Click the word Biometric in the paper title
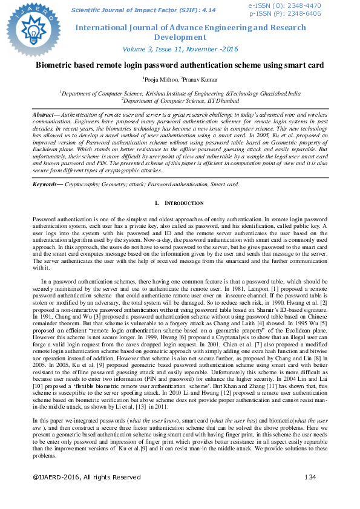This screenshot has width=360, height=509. tap(55, 64)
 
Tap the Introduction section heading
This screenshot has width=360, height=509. tap(182, 203)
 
